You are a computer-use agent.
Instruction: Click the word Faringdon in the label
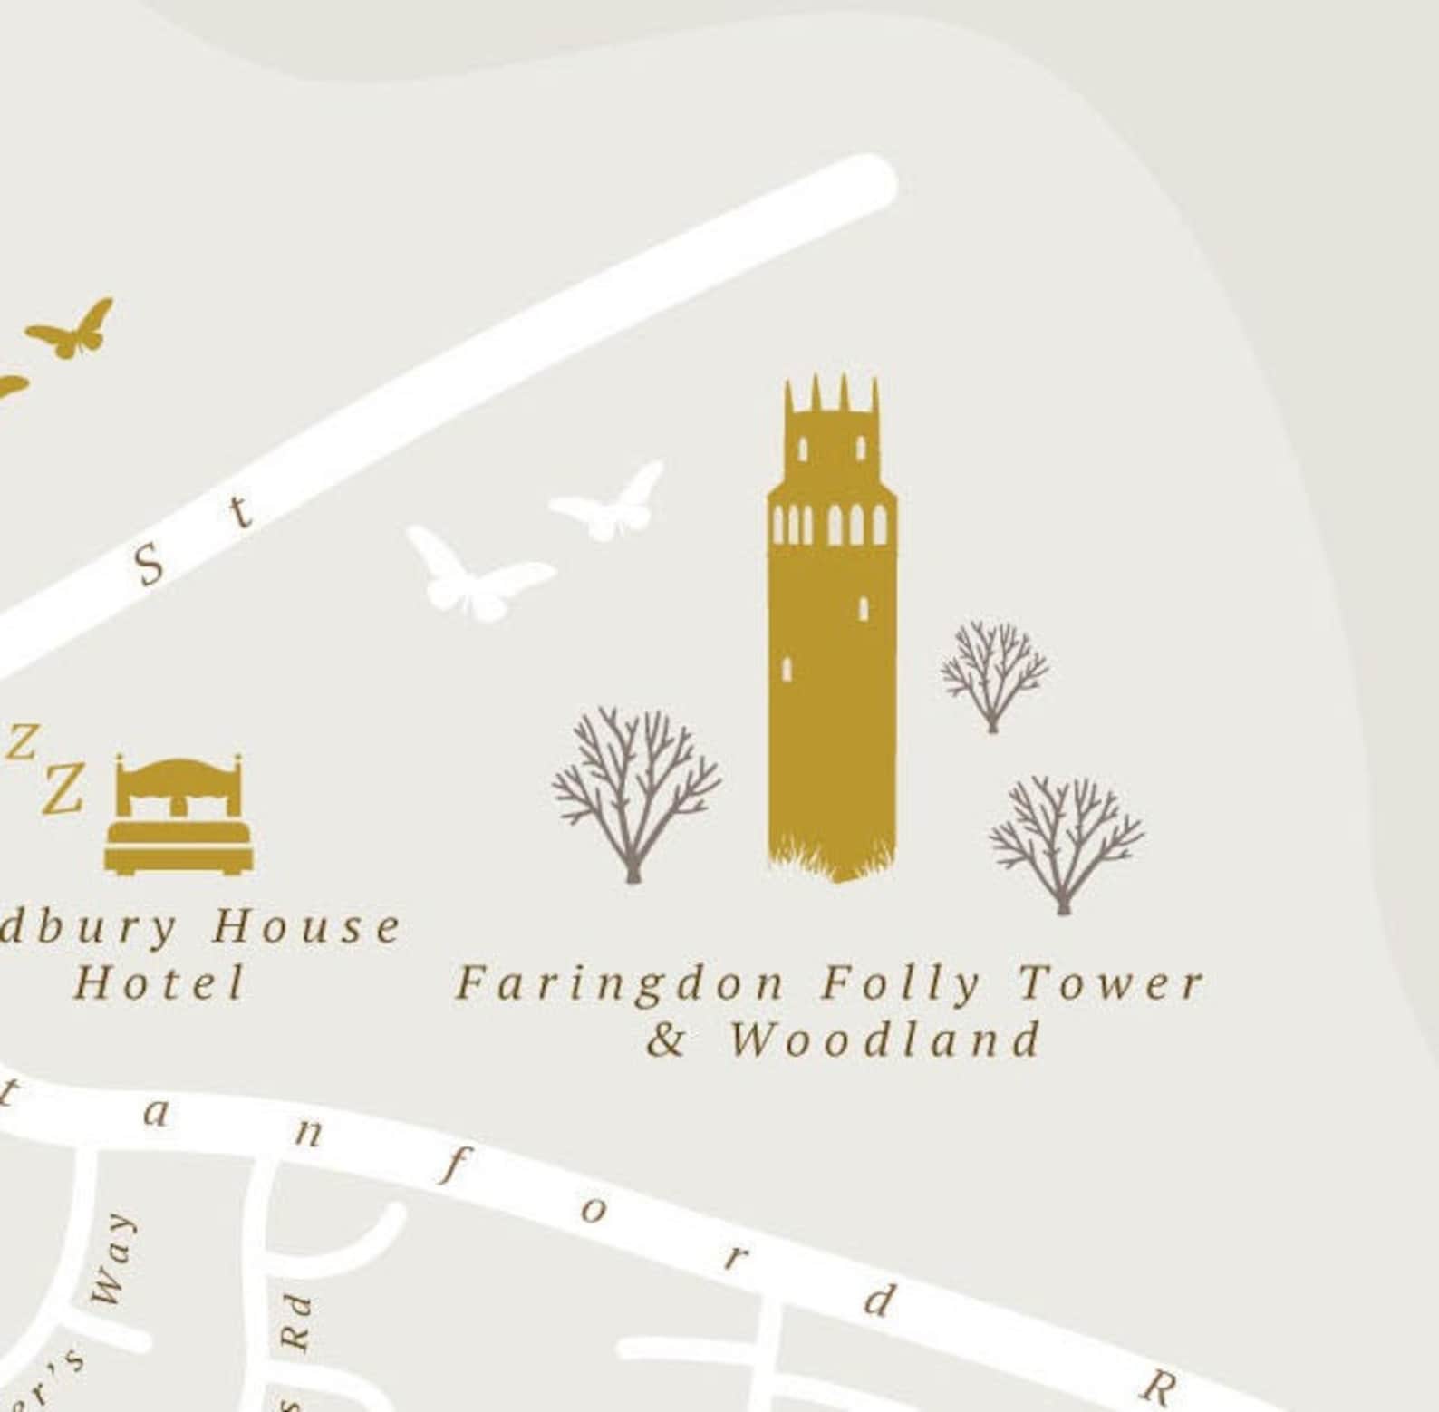(x=620, y=984)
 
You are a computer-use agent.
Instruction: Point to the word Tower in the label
(x=1111, y=984)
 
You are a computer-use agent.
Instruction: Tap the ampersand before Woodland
(x=666, y=1040)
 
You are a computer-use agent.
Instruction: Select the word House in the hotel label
(x=306, y=927)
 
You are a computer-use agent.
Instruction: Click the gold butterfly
(x=72, y=330)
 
